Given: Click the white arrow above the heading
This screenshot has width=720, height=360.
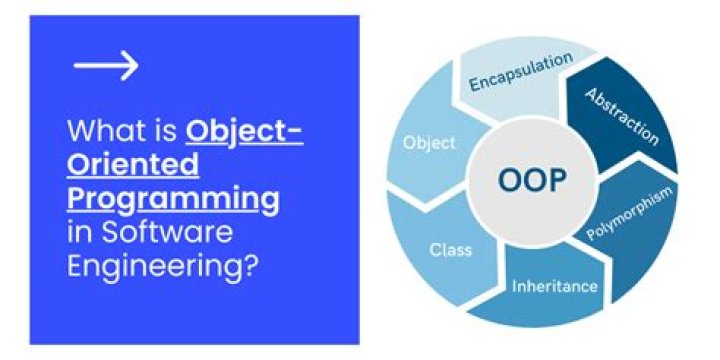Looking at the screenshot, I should coord(106,65).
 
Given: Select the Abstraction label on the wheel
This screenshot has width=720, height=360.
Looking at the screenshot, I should coord(622,117).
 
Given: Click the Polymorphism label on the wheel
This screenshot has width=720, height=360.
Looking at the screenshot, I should coord(630,213).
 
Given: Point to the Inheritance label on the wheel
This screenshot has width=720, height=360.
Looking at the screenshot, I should coord(555,286).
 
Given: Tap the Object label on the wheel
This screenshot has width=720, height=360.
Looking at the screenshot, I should coord(429,143).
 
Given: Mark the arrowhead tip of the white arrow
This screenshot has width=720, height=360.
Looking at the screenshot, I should coord(138,65).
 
